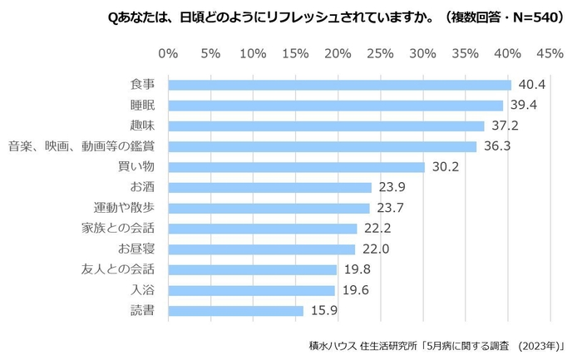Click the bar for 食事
coord(339,85)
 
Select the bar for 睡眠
coord(335,106)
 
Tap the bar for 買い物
coord(296,167)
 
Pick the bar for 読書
coord(235,311)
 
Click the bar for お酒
coord(269,188)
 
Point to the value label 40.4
coord(530,85)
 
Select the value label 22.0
coord(374,249)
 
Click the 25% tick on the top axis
coord(381,53)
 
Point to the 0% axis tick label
coord(168,53)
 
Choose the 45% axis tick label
coord(550,53)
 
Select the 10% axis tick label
coord(253,53)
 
